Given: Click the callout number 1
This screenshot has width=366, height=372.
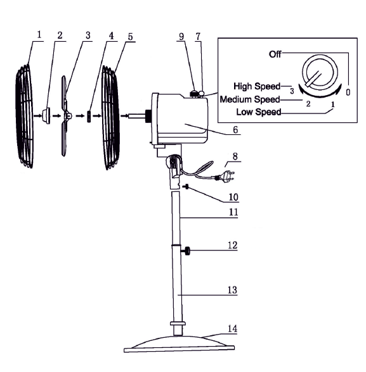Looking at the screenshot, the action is pyautogui.click(x=39, y=34).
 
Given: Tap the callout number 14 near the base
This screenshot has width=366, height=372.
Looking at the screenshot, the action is pyautogui.click(x=232, y=328).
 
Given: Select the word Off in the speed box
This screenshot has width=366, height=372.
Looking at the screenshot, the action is pyautogui.click(x=275, y=55).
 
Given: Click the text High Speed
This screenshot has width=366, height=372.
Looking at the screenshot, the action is pyautogui.click(x=257, y=86).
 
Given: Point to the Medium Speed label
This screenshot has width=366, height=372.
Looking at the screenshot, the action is pyautogui.click(x=250, y=99).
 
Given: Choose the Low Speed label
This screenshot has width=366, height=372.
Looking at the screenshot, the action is pyautogui.click(x=259, y=112).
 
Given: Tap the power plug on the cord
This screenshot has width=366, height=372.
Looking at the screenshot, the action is pyautogui.click(x=225, y=176).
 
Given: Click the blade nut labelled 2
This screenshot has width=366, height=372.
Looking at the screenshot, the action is pyautogui.click(x=46, y=116).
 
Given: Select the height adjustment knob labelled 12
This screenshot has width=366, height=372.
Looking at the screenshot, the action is pyautogui.click(x=186, y=251).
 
